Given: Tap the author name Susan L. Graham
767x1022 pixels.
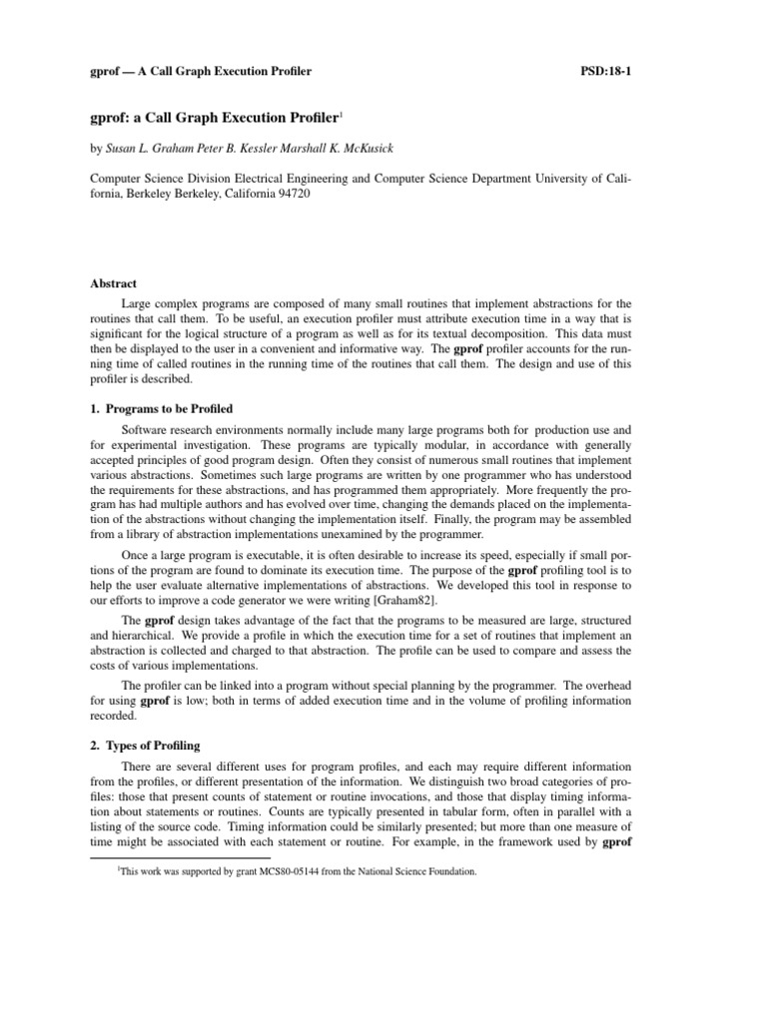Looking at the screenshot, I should pos(152,148).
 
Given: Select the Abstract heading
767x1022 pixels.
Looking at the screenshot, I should pos(113,284).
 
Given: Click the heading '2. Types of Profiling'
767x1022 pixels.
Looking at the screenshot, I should pos(145,746).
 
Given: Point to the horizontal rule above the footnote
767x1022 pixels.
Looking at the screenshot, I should pos(181,856).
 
